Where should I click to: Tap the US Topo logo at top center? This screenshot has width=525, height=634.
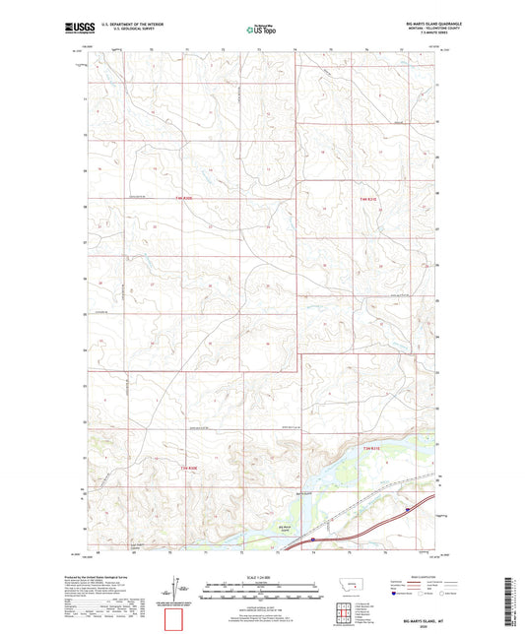point(261,30)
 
